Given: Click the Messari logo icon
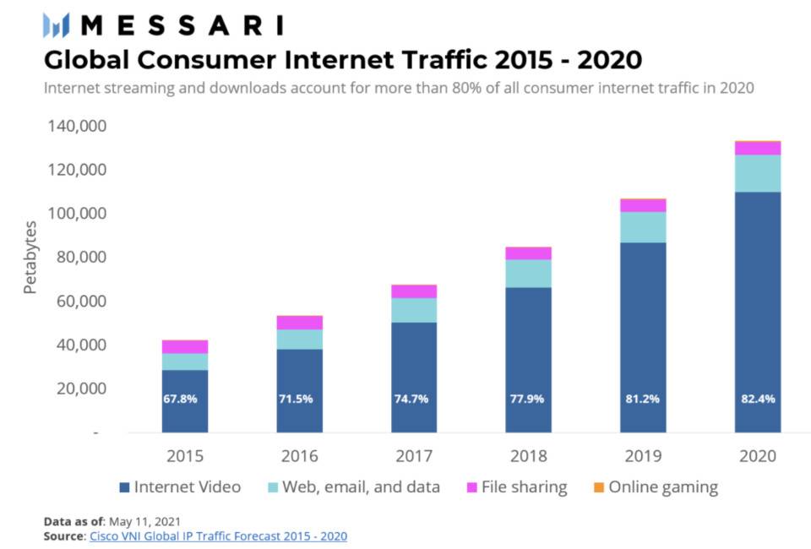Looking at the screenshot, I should click(x=57, y=25).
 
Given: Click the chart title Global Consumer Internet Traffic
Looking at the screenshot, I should click(x=342, y=60).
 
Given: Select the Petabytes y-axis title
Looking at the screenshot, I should click(x=30, y=257).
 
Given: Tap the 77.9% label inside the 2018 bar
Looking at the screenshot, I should click(x=529, y=399).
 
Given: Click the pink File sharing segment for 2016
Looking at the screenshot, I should click(x=300, y=323).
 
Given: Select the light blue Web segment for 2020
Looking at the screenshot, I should click(x=758, y=173).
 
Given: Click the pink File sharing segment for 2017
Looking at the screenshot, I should click(x=414, y=291).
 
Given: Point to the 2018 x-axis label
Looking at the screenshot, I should click(x=529, y=456).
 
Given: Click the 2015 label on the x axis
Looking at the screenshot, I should click(x=185, y=456).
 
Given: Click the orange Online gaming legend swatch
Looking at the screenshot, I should click(x=598, y=487).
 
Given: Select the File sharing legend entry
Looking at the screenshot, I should click(x=515, y=487).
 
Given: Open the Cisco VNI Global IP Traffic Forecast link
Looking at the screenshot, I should click(x=218, y=536).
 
